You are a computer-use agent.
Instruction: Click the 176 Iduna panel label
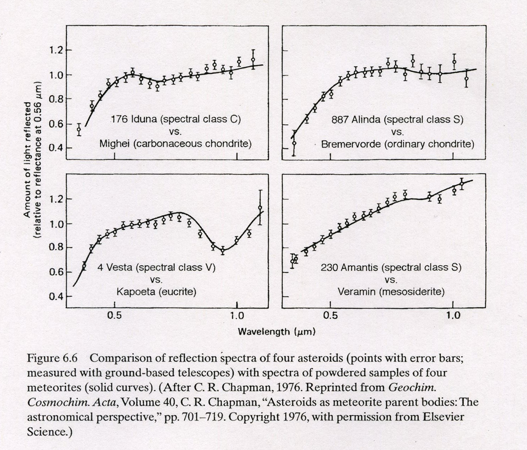click(175, 120)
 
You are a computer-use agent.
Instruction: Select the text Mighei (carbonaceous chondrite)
click(175, 144)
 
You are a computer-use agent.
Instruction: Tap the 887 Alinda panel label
click(397, 120)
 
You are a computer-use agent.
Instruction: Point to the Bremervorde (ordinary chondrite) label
click(398, 144)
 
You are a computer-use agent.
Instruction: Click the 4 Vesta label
click(156, 267)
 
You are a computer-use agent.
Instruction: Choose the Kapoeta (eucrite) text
click(156, 292)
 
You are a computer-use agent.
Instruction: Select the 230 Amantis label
click(391, 267)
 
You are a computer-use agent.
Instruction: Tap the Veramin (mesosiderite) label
click(391, 292)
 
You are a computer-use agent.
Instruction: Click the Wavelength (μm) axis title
click(276, 332)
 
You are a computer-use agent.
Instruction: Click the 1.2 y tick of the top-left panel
click(56, 50)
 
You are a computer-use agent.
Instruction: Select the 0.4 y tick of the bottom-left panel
click(56, 296)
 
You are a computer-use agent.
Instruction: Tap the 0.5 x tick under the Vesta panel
click(115, 316)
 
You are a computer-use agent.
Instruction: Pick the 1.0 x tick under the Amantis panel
click(453, 316)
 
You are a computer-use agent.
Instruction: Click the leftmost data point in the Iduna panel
click(79, 129)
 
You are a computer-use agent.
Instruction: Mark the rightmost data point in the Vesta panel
click(260, 208)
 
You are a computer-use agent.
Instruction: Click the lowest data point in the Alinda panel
click(294, 143)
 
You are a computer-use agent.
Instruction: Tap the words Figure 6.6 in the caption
click(52, 358)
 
